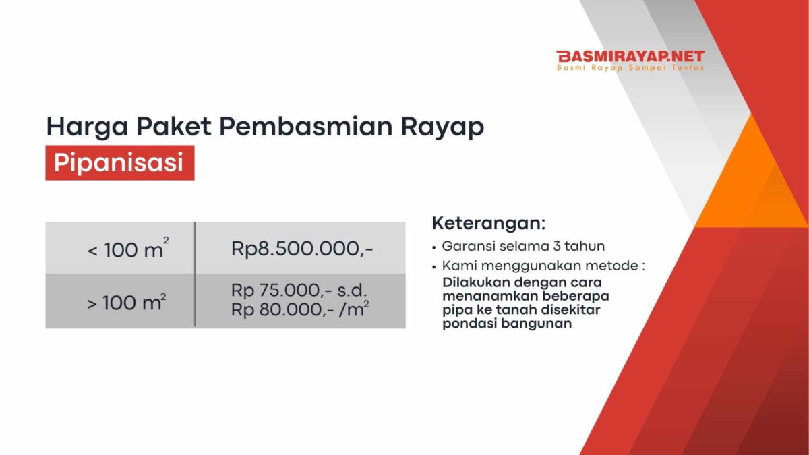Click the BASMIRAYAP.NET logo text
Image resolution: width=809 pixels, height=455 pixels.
pos(630,57)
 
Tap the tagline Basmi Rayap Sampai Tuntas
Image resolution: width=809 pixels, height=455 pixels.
pos(630,67)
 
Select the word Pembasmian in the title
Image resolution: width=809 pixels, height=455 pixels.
pos(305,127)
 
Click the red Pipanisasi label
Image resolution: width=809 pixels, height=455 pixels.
pos(120,162)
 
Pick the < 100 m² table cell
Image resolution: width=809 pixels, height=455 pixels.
pos(120,248)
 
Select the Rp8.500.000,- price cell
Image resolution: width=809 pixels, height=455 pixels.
pos(301,248)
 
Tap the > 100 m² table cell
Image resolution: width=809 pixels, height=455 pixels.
pos(120,301)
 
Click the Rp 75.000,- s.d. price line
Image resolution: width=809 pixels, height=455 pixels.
pos(299,291)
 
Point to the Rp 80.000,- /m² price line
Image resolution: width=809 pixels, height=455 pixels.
pos(300,309)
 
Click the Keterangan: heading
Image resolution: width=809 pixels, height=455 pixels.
pos(489,224)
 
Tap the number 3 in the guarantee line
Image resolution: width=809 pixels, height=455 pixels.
pos(557,246)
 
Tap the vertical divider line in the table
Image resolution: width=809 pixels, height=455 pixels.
pos(195,274)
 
